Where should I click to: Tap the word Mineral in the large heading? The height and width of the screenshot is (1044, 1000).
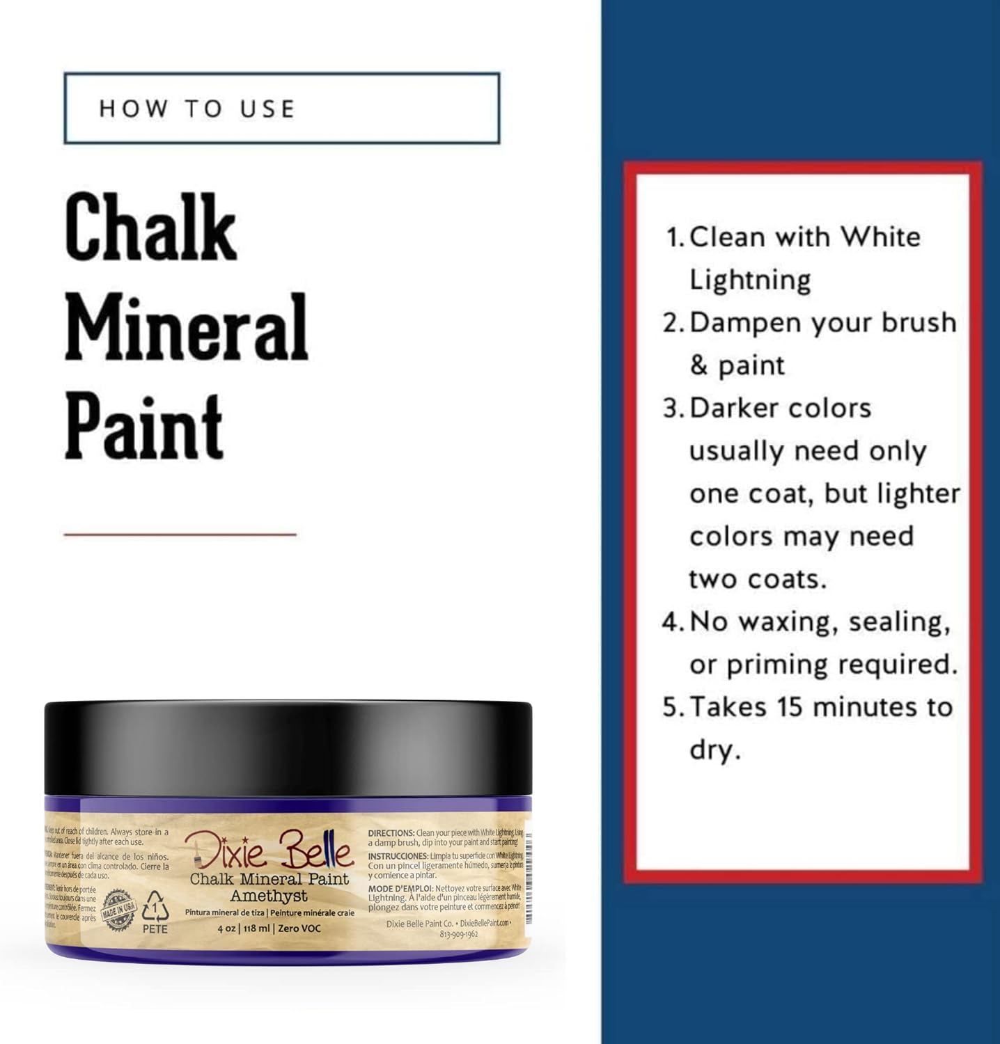coord(187,327)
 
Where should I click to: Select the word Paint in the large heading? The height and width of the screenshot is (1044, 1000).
coord(144,425)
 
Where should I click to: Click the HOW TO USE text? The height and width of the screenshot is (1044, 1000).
coord(197,109)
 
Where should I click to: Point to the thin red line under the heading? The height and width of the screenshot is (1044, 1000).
coord(180,535)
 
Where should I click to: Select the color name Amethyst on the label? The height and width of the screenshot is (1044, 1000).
coord(269,896)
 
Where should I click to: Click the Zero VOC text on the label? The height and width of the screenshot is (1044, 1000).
coord(300,928)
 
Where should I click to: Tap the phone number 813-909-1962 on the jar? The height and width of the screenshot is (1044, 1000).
coord(459,934)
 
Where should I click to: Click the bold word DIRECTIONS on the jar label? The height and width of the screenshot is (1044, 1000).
coord(391,833)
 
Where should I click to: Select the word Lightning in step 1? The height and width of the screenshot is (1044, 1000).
coord(750,280)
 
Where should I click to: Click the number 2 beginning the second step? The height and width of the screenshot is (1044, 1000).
coord(670,323)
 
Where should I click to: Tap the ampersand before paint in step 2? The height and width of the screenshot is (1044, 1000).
coord(698,365)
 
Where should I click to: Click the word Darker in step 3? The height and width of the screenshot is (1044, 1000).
coord(728,408)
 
